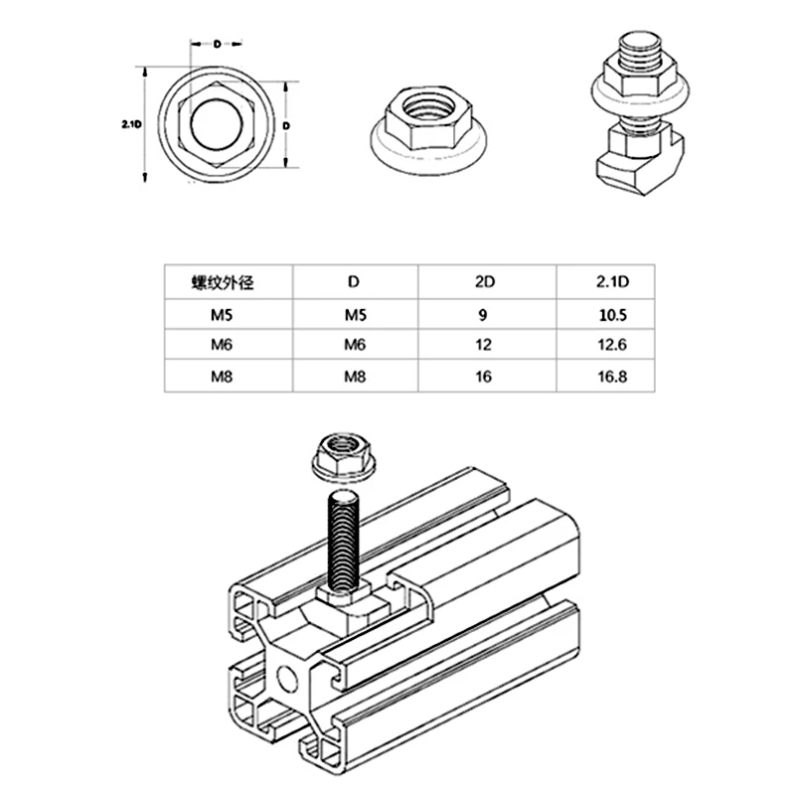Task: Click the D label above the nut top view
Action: click(x=216, y=45)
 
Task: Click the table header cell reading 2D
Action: click(x=485, y=281)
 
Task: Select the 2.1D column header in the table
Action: click(x=613, y=281)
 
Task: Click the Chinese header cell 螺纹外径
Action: click(x=224, y=281)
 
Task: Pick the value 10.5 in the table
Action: click(x=613, y=315)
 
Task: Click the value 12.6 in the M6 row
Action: click(x=613, y=346)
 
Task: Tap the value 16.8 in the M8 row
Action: click(x=613, y=377)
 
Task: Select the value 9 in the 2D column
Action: click(x=485, y=315)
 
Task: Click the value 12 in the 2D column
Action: click(x=485, y=346)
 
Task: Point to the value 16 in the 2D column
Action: click(x=485, y=377)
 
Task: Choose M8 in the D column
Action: click(x=355, y=377)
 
